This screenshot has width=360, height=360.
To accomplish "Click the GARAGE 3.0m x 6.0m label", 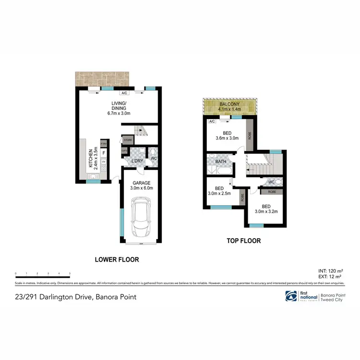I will pyautogui.click(x=142, y=185).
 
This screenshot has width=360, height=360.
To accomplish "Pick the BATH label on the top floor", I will pyautogui.click(x=220, y=162).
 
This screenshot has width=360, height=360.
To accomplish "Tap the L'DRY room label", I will pyautogui.click(x=138, y=161).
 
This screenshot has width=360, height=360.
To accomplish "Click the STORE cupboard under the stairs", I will pyautogui.click(x=128, y=140).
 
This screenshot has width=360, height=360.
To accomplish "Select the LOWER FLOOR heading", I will pyautogui.click(x=117, y=260).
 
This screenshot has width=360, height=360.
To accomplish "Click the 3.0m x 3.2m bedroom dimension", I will pyautogui.click(x=266, y=211).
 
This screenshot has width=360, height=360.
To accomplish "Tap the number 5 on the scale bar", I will pyautogui.click(x=70, y=273).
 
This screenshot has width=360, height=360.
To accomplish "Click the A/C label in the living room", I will pyautogui.click(x=124, y=93).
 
